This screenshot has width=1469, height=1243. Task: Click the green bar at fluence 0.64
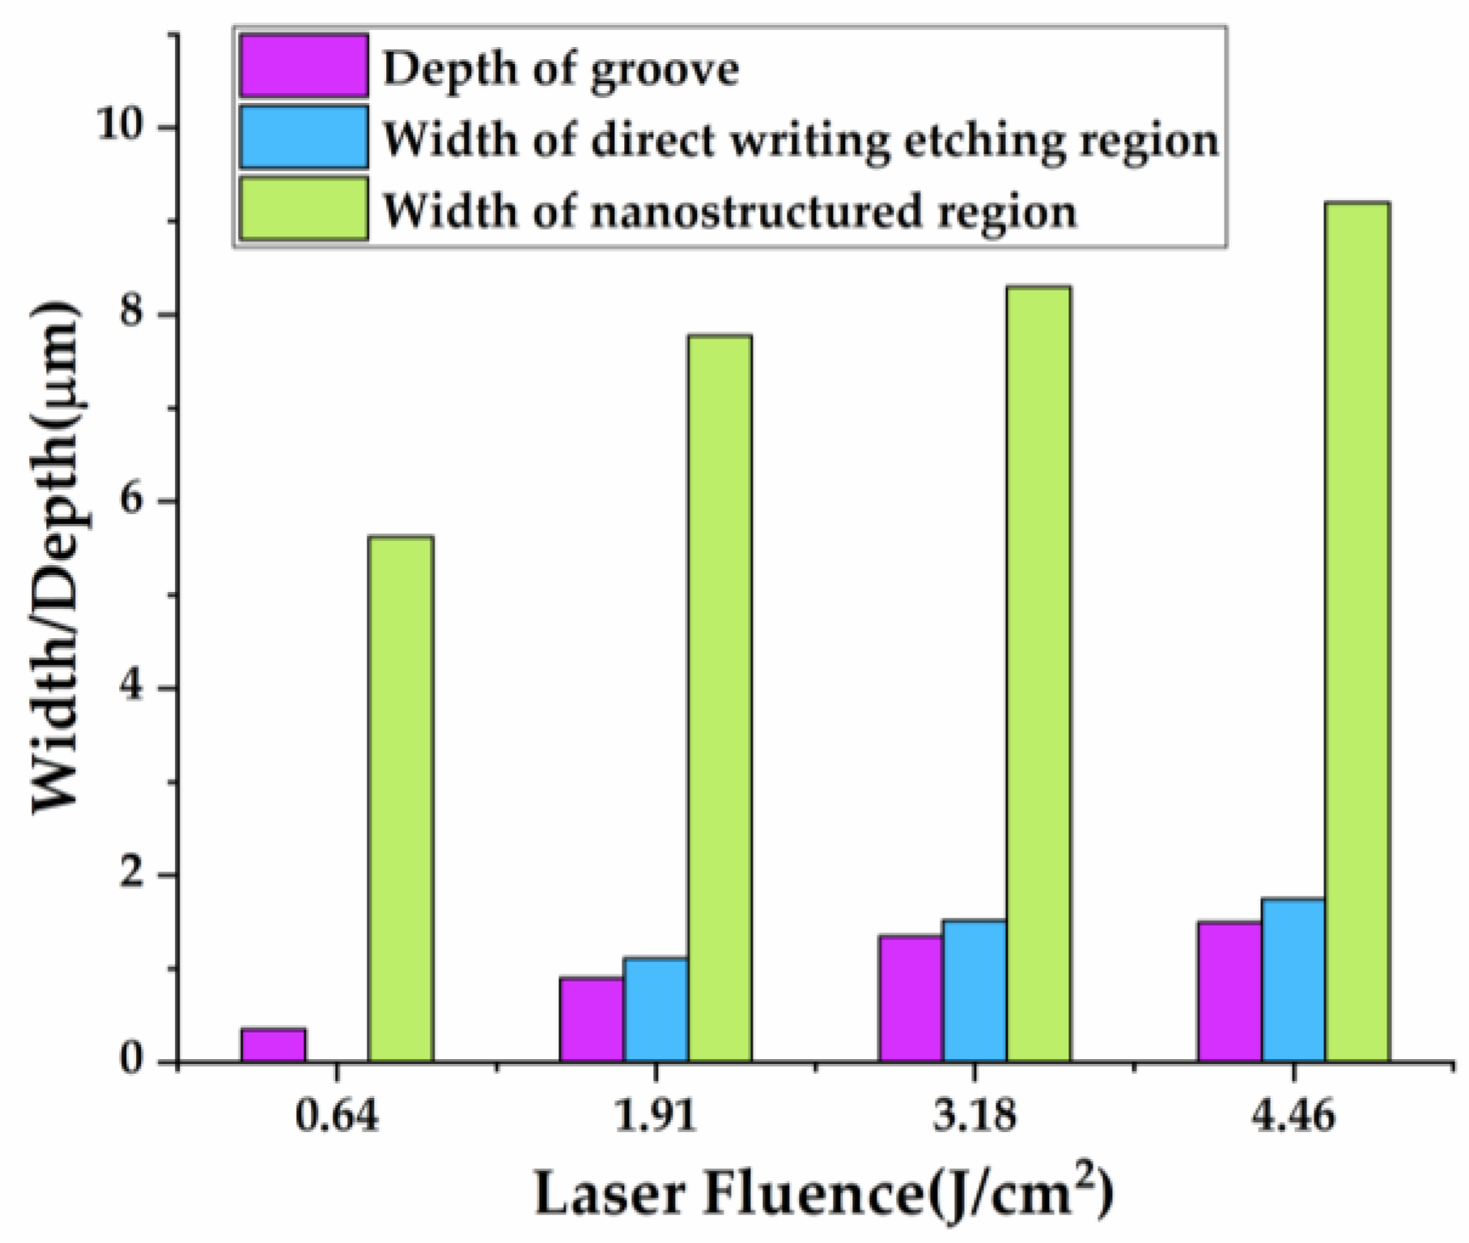pyautogui.click(x=401, y=798)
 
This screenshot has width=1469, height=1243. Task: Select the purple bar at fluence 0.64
pyautogui.click(x=273, y=1045)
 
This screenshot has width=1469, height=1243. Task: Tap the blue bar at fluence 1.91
pyautogui.click(x=656, y=1009)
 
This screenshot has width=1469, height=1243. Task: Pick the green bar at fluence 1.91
pyautogui.click(x=720, y=698)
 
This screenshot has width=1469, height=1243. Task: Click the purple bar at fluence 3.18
pyautogui.click(x=911, y=998)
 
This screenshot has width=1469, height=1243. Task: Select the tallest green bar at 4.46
pyautogui.click(x=1357, y=632)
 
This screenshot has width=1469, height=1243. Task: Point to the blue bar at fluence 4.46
pyautogui.click(x=1293, y=980)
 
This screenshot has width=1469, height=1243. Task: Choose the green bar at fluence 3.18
pyautogui.click(x=1038, y=674)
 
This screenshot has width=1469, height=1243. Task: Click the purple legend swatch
pyautogui.click(x=304, y=66)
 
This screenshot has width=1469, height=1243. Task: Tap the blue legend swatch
pyautogui.click(x=304, y=138)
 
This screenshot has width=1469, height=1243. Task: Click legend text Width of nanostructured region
pyautogui.click(x=728, y=211)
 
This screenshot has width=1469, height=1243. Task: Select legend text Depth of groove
pyautogui.click(x=560, y=68)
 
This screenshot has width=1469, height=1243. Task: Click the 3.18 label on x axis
pyautogui.click(x=974, y=1118)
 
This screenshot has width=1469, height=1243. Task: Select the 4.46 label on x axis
pyautogui.click(x=1293, y=1118)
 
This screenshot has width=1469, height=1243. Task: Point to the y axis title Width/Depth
pyautogui.click(x=57, y=559)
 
